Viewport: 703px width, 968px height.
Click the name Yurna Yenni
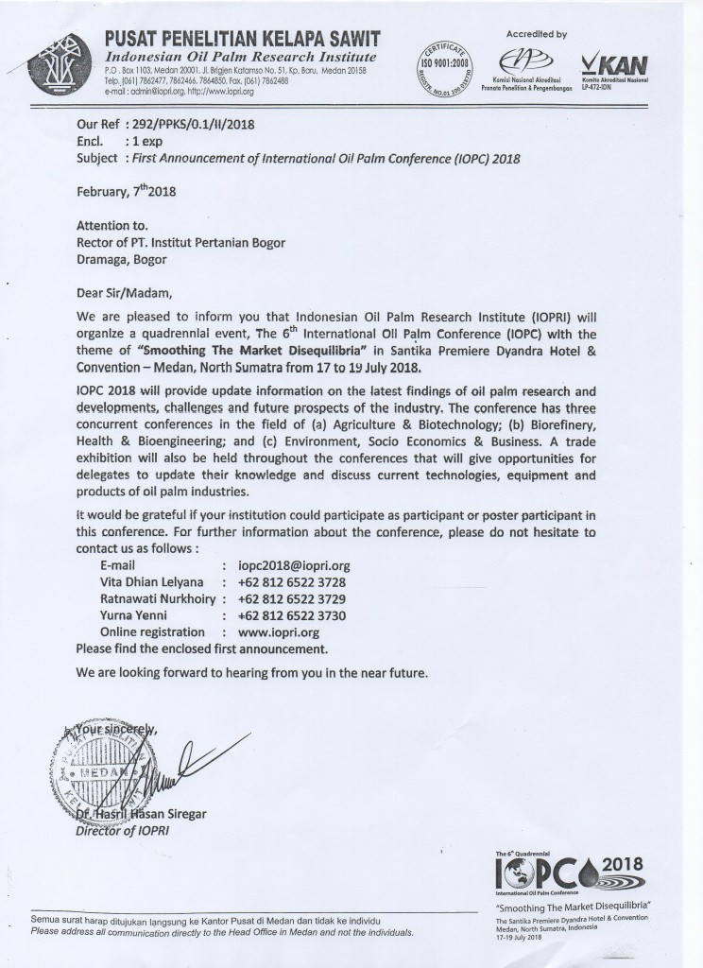click(135, 615)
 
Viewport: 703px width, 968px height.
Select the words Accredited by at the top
click(537, 34)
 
